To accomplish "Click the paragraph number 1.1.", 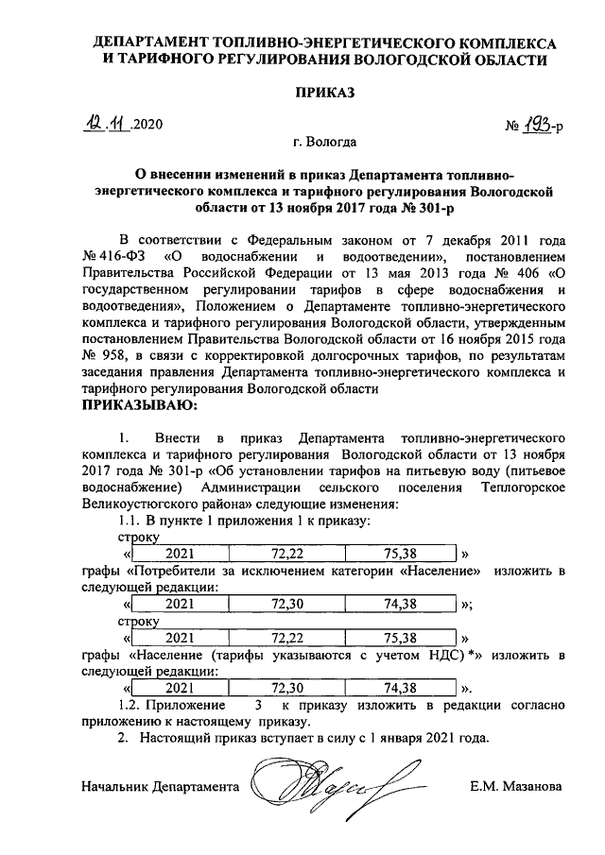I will (129, 521).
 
